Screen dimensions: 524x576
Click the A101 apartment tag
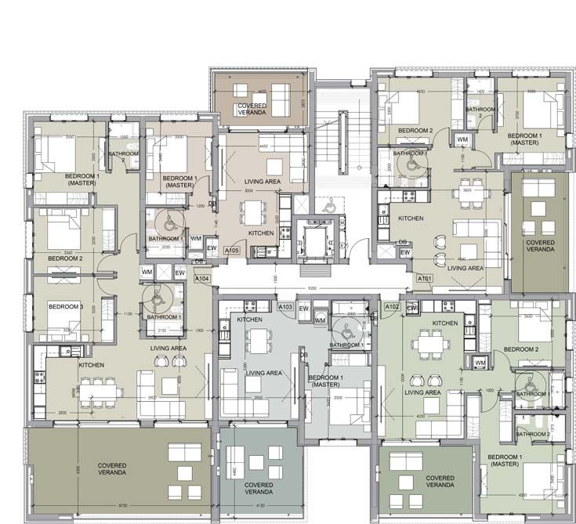coord(425,278)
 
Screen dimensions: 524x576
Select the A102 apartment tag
coord(393,307)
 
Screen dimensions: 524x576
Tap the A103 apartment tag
coord(286,307)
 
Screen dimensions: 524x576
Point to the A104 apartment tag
coord(202,278)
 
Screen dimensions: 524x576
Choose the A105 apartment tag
coord(231,250)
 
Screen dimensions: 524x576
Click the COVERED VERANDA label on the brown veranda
coord(263,109)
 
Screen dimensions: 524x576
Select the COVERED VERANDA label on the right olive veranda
coord(541,247)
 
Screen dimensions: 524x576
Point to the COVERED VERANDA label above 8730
coord(113,468)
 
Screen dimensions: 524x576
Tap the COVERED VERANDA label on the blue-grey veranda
coord(259,489)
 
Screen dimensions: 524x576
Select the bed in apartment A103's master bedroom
coord(343,399)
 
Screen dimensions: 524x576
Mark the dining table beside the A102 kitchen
coord(428,342)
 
